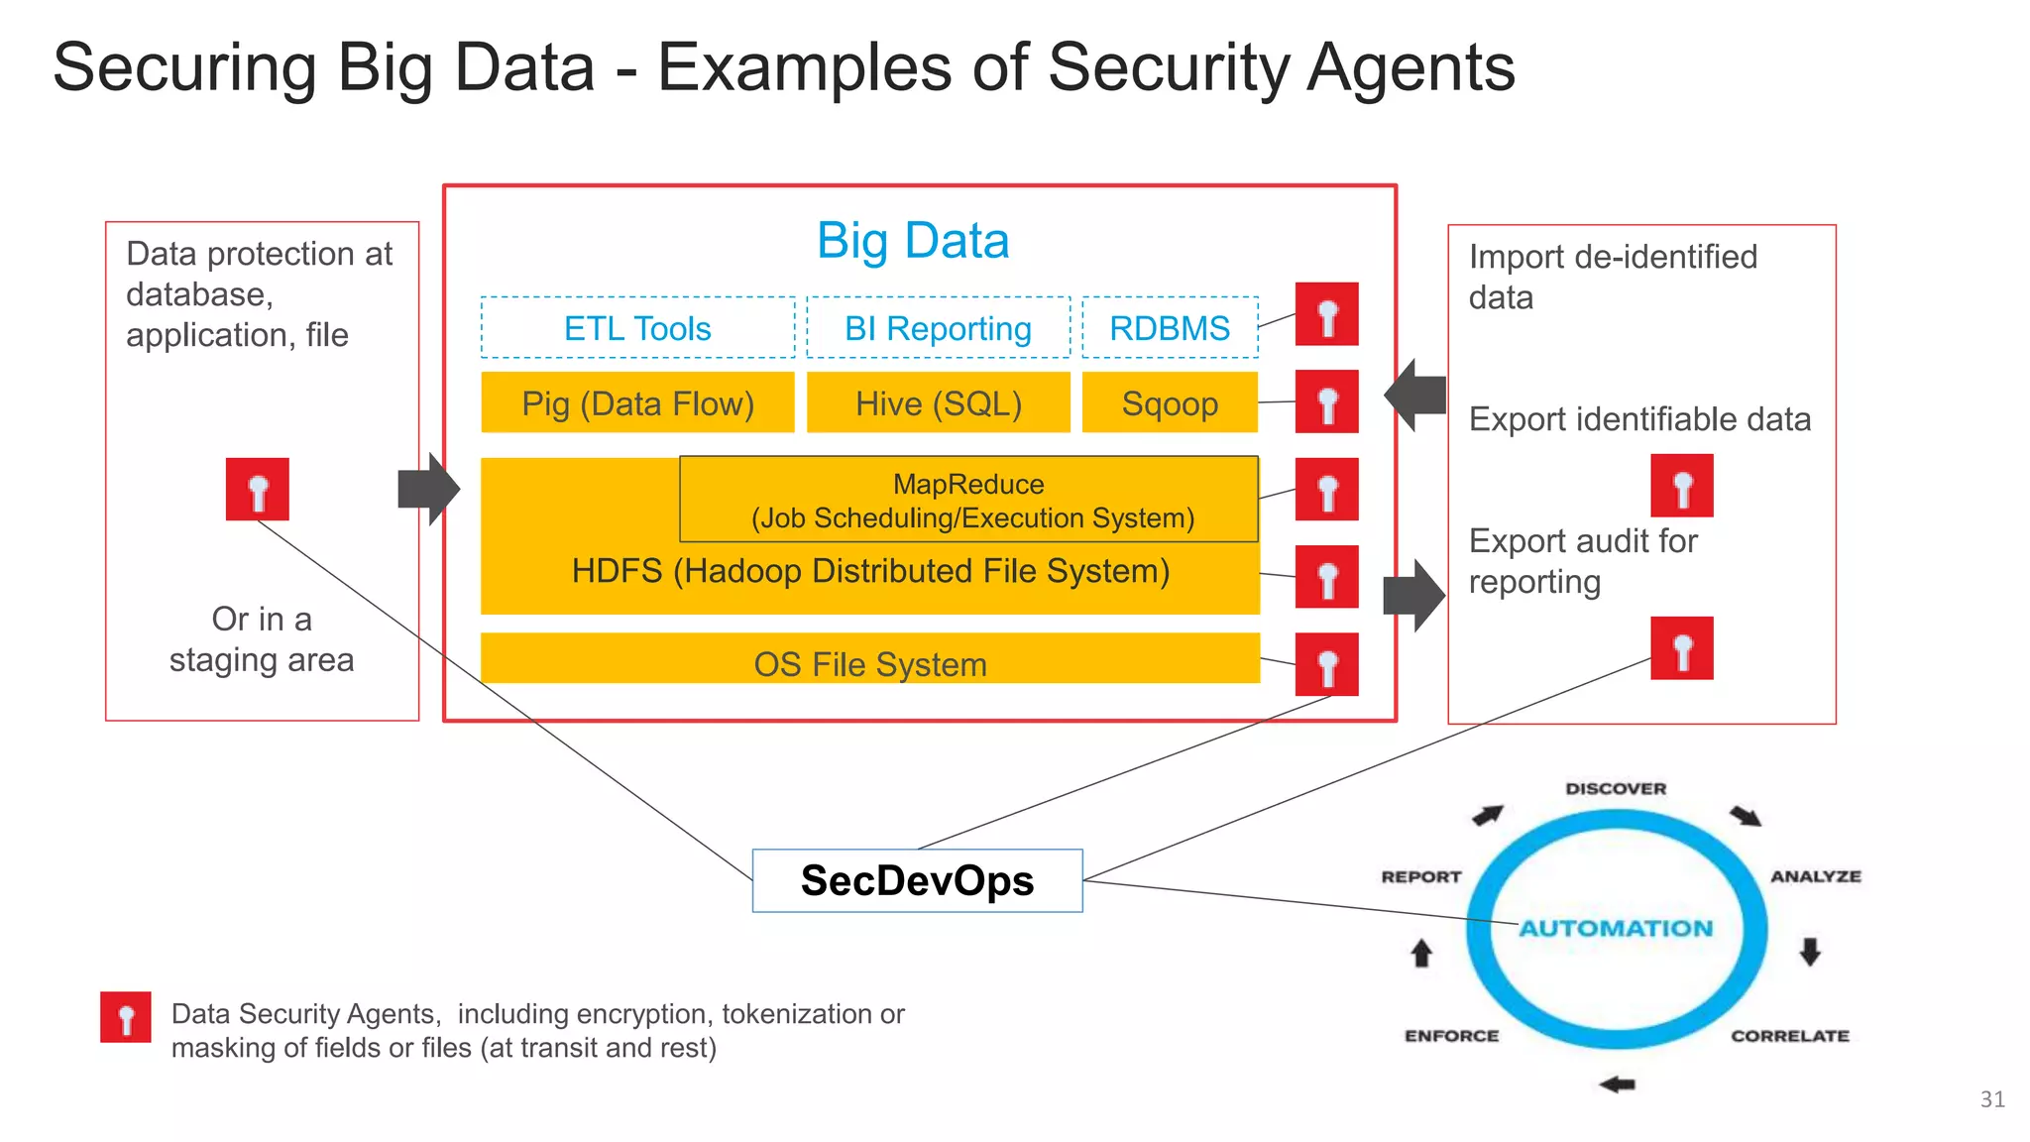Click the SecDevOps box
point(917,880)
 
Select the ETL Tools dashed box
point(637,328)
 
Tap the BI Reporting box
point(938,328)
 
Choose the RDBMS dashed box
point(1170,328)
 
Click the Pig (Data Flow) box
point(637,403)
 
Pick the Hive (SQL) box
point(938,403)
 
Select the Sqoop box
point(1170,403)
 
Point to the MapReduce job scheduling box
point(969,500)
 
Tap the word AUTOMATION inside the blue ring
point(1616,928)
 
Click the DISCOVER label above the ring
point(1616,789)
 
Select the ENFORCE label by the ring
point(1451,1036)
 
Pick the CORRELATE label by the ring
point(1790,1036)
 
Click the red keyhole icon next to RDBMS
point(1326,314)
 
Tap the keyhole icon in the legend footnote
point(126,1017)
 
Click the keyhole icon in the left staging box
point(258,490)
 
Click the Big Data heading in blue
point(913,241)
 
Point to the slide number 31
point(1992,1099)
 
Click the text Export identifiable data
point(1639,419)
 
